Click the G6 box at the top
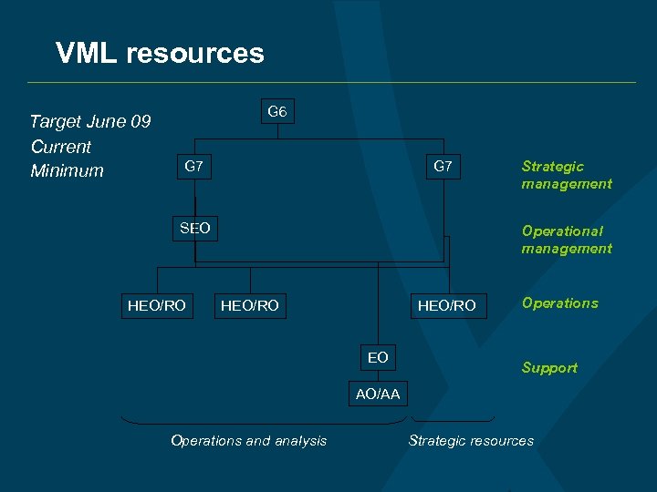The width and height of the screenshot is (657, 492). pyautogui.click(x=277, y=112)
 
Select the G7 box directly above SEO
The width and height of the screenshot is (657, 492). pyautogui.click(x=193, y=167)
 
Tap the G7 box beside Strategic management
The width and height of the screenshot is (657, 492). pyautogui.click(x=443, y=167)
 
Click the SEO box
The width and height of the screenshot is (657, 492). pyautogui.click(x=194, y=229)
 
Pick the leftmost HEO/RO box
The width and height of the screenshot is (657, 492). pyautogui.click(x=157, y=305)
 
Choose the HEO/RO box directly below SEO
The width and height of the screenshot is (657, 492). pyautogui.click(x=250, y=305)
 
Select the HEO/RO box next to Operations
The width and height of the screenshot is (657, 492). pyautogui.click(x=446, y=305)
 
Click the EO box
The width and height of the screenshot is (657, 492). pyautogui.click(x=378, y=358)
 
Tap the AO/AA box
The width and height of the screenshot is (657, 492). pyautogui.click(x=378, y=394)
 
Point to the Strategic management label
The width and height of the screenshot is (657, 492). pyautogui.click(x=566, y=175)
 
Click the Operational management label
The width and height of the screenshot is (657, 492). pyautogui.click(x=566, y=240)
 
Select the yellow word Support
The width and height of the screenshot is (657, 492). pyautogui.click(x=549, y=368)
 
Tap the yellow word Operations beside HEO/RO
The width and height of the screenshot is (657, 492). pyautogui.click(x=559, y=303)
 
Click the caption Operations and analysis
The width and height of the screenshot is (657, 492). pyautogui.click(x=248, y=441)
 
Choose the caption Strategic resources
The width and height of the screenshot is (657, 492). pyautogui.click(x=471, y=441)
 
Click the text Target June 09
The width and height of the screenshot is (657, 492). pyautogui.click(x=90, y=122)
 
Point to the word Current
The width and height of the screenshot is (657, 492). pyautogui.click(x=61, y=147)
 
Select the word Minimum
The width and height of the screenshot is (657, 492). pyautogui.click(x=67, y=171)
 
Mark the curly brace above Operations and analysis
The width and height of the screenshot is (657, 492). pyautogui.click(x=262, y=422)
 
